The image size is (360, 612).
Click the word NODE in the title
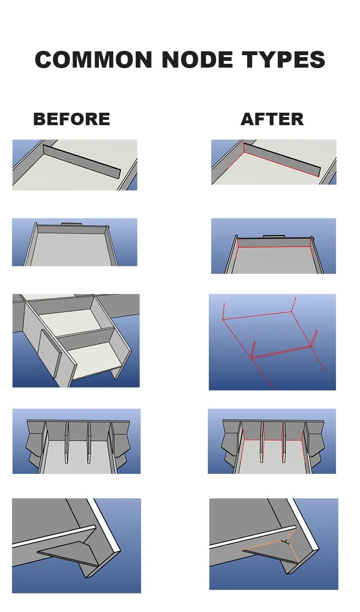[x=197, y=60]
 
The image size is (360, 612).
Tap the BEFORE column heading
[x=72, y=119]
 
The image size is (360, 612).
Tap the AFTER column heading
[x=272, y=119]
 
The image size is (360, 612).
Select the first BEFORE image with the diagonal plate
[x=74, y=165]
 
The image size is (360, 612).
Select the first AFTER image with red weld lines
[x=274, y=162]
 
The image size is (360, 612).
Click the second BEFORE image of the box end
[x=74, y=242]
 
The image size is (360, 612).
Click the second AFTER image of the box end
[x=274, y=246]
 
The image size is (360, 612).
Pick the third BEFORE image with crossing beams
[x=76, y=341]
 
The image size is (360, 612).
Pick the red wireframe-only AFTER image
[x=272, y=342]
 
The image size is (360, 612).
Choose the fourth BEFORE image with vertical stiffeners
[x=76, y=441]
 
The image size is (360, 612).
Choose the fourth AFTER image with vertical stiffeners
[x=272, y=441]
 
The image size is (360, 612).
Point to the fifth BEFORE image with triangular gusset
[x=76, y=545]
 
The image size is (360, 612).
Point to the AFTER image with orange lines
[x=274, y=544]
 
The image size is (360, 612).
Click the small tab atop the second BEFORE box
[x=71, y=224]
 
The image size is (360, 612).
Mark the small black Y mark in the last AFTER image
[x=286, y=541]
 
